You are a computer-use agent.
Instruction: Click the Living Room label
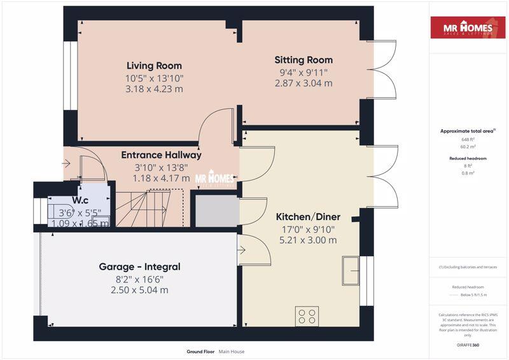point(154,66)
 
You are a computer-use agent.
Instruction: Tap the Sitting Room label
point(303,60)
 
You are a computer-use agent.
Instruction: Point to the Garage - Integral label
point(139,267)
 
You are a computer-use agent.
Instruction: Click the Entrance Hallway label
point(161,155)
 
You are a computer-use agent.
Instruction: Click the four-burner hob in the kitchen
point(307,316)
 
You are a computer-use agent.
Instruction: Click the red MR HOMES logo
point(468,29)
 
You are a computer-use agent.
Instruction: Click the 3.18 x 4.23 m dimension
point(154,89)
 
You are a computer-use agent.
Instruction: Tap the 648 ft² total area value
point(468,139)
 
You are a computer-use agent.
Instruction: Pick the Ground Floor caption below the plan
point(200,351)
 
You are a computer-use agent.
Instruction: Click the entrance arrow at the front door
point(67,164)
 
